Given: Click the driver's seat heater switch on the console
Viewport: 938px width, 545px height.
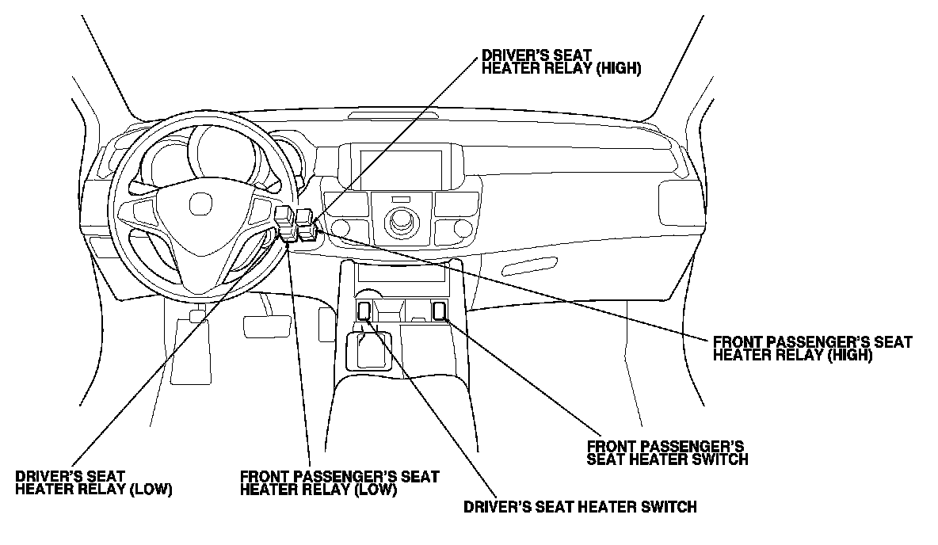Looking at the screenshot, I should coord(364,311).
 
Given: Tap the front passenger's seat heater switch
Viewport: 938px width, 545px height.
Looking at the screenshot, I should coord(439,311).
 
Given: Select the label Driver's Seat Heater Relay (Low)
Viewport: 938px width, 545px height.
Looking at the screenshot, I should coord(93,482).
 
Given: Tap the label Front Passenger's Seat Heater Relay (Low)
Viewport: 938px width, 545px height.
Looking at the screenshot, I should coord(339,482).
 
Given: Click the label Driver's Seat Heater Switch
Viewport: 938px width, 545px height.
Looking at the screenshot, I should coord(580,507).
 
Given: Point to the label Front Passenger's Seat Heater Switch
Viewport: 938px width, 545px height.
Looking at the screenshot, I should coord(667,452).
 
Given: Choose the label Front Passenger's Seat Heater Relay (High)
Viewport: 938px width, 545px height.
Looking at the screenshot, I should coord(812,349).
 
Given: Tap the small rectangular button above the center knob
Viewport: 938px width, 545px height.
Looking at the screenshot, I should coord(401,199).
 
